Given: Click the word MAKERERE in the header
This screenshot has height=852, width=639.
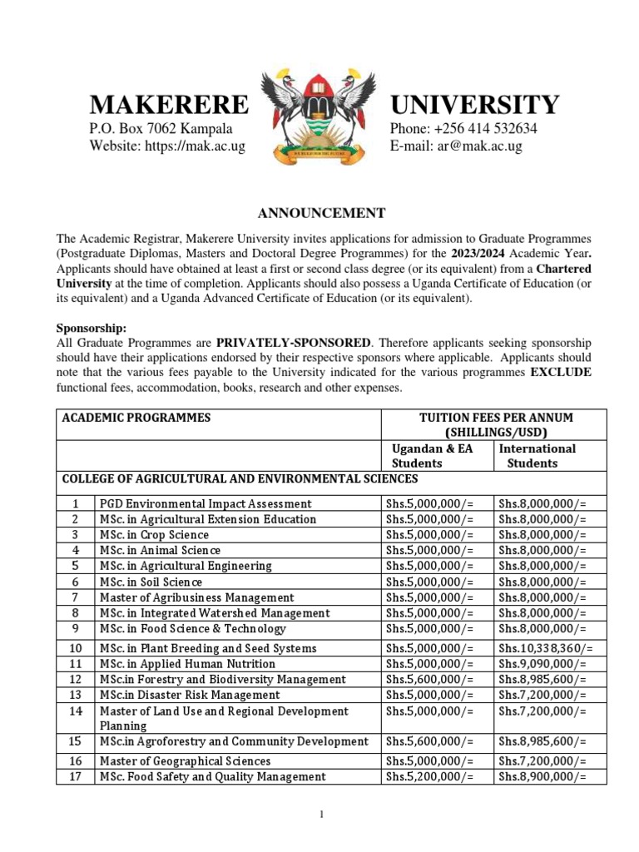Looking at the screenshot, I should tap(169, 105).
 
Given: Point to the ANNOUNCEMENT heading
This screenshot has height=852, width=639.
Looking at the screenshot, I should tap(319, 213).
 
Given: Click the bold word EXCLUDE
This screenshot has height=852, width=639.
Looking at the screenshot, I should tap(562, 373).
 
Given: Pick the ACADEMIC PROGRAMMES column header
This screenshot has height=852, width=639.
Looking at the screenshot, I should tap(136, 417).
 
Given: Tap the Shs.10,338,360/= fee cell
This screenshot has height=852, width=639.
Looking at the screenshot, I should tap(545, 648).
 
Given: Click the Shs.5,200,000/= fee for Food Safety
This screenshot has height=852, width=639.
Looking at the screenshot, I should tap(429, 776).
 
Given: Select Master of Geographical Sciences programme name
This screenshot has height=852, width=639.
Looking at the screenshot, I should tap(185, 760).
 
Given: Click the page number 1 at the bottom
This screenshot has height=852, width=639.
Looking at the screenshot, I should tap(320, 815).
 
